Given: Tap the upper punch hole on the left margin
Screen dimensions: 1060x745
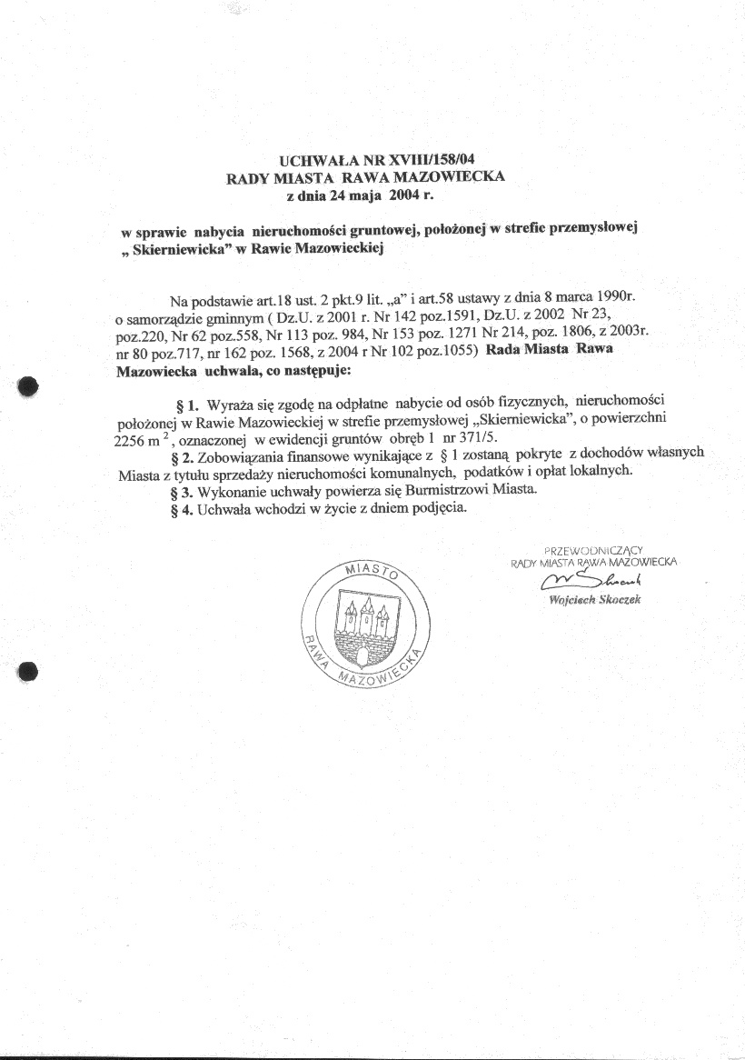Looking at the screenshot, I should point(28,385).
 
